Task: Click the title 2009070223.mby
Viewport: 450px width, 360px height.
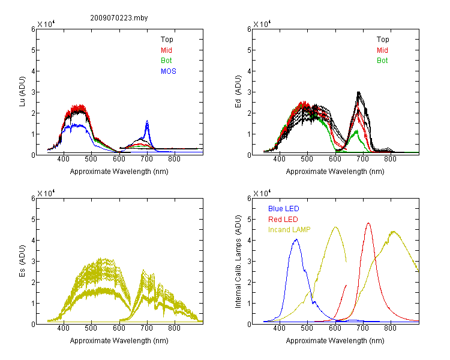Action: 119,18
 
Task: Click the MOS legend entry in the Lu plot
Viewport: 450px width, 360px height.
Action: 169,71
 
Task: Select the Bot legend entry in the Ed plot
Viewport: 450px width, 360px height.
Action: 382,61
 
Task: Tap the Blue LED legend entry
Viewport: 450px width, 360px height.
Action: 284,209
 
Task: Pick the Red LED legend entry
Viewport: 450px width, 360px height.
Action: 283,220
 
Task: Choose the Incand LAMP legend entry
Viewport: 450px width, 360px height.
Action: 289,230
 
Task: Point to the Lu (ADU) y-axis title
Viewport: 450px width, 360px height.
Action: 22,91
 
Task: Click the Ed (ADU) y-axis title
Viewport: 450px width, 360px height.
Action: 238,92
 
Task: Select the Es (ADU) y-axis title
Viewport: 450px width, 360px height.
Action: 22,261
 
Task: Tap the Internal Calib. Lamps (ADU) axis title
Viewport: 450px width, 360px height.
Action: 238,262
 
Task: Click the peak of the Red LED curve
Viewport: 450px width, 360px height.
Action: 368,223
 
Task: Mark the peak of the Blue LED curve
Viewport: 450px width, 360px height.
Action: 296,239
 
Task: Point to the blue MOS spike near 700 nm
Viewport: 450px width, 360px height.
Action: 147,121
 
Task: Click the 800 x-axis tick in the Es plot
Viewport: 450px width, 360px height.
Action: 174,328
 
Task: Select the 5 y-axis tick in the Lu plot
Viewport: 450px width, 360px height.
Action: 33,50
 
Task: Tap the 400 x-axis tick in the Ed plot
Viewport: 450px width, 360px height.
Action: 279,159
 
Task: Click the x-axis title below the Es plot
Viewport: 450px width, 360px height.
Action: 119,341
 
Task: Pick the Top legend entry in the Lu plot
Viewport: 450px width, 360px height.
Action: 167,40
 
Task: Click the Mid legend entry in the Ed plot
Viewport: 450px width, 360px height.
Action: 382,50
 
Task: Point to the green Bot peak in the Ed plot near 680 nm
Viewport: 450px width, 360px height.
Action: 357,131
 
